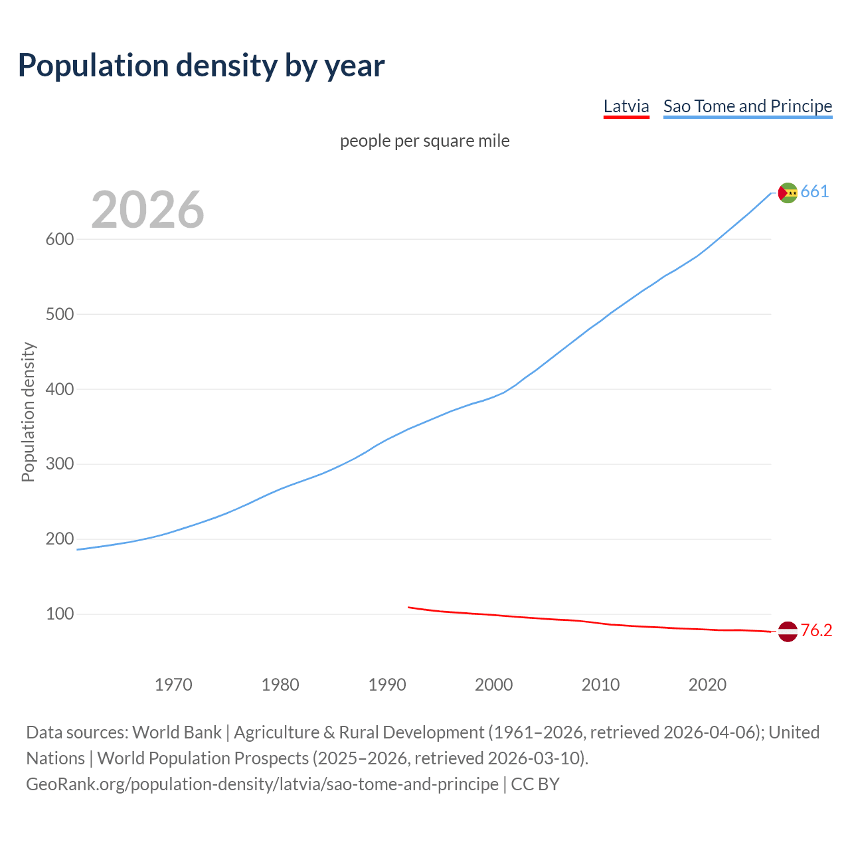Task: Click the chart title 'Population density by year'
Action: (201, 66)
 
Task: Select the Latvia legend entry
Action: (626, 106)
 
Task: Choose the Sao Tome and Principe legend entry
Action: (747, 106)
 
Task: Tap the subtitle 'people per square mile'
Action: (424, 141)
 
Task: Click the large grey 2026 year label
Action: (147, 210)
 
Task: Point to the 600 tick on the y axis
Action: (59, 239)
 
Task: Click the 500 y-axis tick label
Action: (59, 314)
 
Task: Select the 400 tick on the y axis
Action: (59, 389)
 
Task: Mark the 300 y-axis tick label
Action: (59, 464)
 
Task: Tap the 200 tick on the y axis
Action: (59, 539)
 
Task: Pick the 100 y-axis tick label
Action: (59, 614)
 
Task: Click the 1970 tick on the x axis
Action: (173, 685)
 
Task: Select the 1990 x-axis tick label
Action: (387, 685)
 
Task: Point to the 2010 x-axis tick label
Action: (600, 685)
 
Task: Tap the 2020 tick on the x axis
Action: (707, 685)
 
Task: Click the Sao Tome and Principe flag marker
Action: (788, 193)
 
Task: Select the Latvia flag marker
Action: (788, 632)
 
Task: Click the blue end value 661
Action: (815, 192)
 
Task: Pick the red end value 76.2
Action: (816, 631)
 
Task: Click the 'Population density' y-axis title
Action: (28, 412)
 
